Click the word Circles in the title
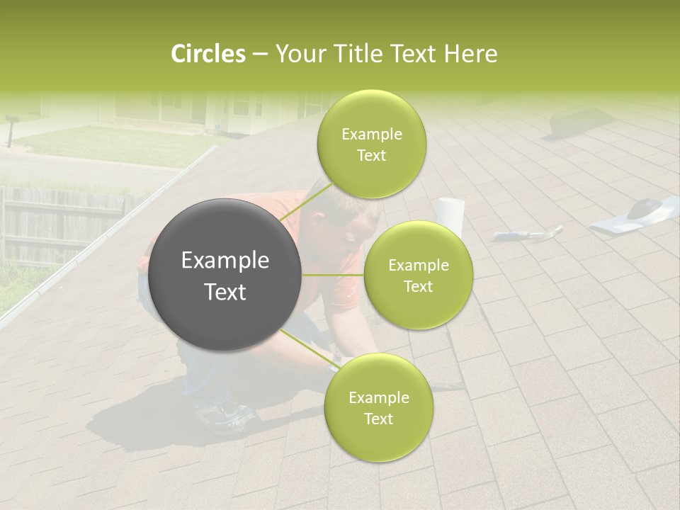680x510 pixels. (208, 54)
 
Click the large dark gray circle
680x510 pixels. (225, 275)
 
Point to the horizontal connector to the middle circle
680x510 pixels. (333, 275)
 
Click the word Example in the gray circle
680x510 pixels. (225, 261)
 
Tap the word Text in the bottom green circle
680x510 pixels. (378, 419)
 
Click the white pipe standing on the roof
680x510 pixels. (450, 215)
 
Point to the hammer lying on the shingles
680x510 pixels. (528, 234)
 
